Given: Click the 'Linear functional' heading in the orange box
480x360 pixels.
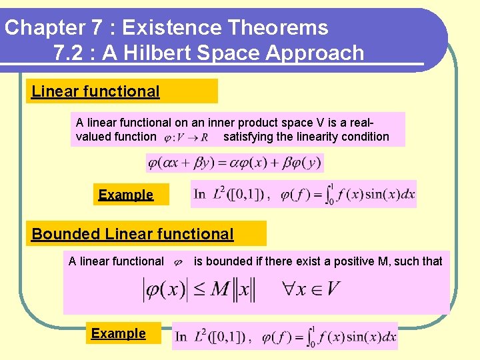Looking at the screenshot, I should (x=95, y=91).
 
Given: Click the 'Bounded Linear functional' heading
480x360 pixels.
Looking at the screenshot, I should (x=133, y=234).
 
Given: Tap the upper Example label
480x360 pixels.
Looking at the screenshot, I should (x=125, y=195).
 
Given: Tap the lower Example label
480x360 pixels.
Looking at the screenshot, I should (x=118, y=333).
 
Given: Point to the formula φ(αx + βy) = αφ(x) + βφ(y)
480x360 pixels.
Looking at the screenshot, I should (x=234, y=163).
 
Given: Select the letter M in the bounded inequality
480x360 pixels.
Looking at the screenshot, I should (x=220, y=289).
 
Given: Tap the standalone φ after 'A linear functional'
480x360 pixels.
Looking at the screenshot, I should (x=178, y=263).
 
